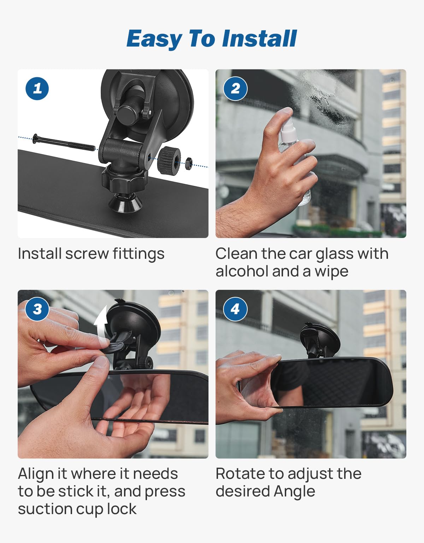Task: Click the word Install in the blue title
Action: click(260, 39)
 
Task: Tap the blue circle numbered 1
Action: click(37, 89)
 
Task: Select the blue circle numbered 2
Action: click(235, 89)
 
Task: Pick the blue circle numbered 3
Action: click(37, 309)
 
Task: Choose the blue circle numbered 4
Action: click(235, 309)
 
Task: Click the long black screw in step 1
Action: click(64, 143)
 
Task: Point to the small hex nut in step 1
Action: click(188, 164)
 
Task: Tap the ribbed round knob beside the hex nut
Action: click(169, 159)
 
